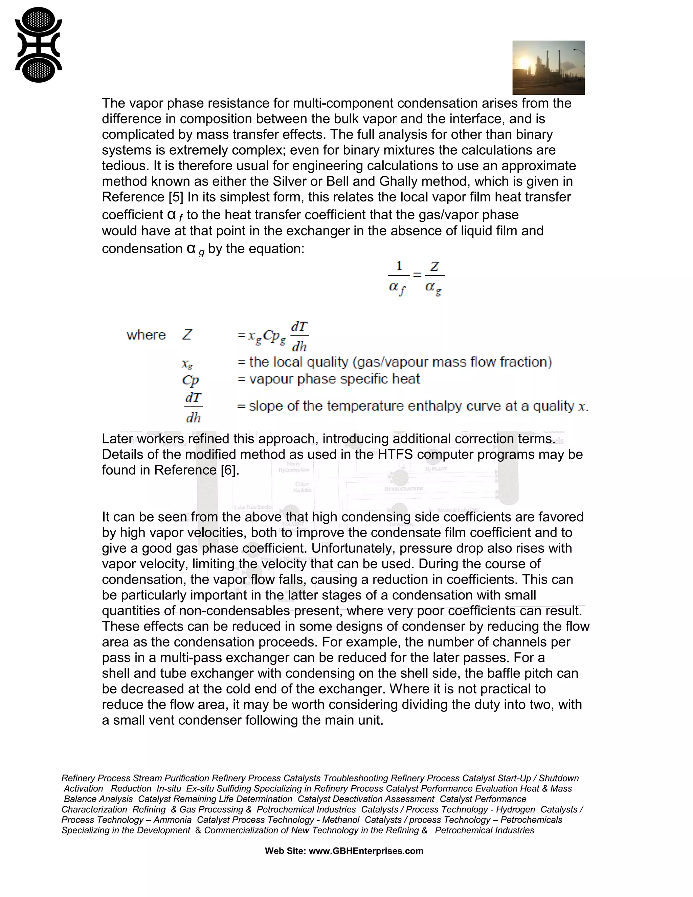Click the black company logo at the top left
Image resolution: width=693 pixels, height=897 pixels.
(x=38, y=44)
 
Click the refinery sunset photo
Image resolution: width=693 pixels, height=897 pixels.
(x=548, y=67)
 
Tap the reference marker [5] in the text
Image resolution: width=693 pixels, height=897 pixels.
(x=176, y=197)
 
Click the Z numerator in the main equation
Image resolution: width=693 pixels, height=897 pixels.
(x=434, y=267)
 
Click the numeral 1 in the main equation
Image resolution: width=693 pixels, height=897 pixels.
(x=399, y=266)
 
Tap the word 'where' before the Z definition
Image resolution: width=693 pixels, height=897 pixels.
(x=146, y=335)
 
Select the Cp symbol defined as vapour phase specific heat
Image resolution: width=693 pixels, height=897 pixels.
(x=190, y=380)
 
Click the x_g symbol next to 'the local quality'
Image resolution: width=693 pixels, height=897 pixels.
(x=187, y=364)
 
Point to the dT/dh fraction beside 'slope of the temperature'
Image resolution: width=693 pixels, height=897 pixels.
(x=193, y=408)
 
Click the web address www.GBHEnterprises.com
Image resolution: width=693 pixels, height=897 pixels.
(x=365, y=851)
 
